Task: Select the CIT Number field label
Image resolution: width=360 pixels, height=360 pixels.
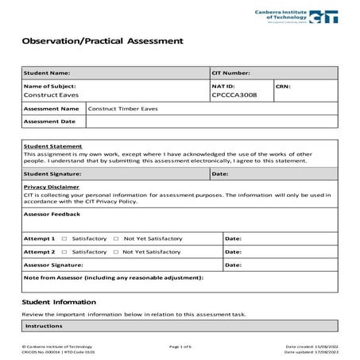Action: pos(231,72)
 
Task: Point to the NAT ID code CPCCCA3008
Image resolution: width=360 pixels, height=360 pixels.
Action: pos(235,95)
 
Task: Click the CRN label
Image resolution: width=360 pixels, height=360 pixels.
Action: pos(285,85)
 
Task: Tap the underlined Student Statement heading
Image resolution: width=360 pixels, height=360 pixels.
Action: pos(52,146)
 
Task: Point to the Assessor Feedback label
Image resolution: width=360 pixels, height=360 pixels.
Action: pos(52,214)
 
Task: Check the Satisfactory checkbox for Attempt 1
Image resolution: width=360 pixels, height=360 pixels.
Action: pos(64,238)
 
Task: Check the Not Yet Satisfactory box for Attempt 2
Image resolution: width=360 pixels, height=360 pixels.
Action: pos(116,251)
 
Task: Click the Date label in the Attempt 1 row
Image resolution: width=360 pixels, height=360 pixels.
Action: pos(233,238)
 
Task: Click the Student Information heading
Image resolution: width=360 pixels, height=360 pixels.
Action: pos(59,302)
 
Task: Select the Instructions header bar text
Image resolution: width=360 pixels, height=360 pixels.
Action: pos(44,327)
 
